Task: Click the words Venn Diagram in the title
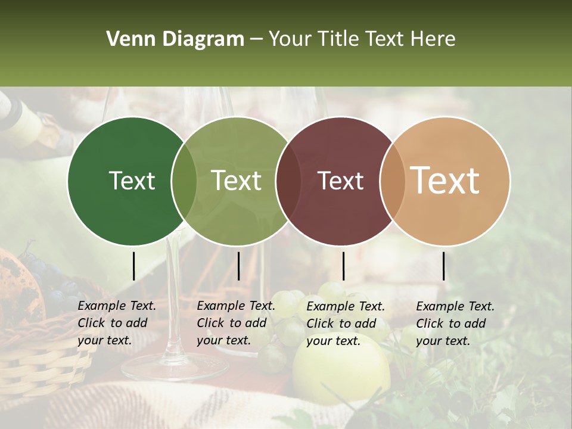pos(175,39)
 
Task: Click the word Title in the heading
pos(338,39)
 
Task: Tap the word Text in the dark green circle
pos(132,181)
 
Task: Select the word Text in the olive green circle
pos(237,181)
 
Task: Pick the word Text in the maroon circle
pos(341,181)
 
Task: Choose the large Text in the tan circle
pos(445,181)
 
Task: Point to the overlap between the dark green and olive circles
pos(184,181)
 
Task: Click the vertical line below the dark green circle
pos(133,266)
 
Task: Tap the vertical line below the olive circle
pos(238,266)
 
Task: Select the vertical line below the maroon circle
pos(343,266)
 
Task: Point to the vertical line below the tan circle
pos(443,266)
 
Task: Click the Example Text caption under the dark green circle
pos(116,323)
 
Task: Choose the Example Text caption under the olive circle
pos(235,323)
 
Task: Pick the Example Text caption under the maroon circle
pos(345,324)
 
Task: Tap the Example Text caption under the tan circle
pos(455,324)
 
